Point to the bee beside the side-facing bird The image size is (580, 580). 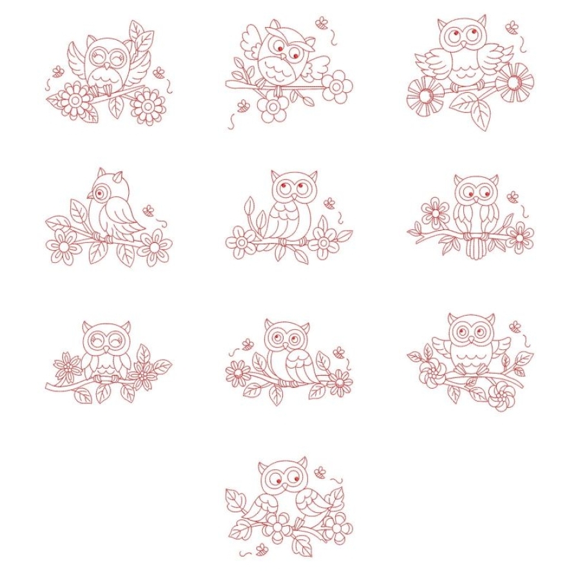(149, 209)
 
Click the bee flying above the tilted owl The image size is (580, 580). (321, 23)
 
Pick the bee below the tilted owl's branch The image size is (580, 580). (243, 105)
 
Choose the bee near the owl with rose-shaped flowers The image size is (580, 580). (515, 326)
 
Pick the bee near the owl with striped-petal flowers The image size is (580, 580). (511, 27)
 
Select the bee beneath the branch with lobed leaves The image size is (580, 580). (262, 549)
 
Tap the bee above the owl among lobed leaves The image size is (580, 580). (320, 472)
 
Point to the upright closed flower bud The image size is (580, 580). (250, 207)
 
